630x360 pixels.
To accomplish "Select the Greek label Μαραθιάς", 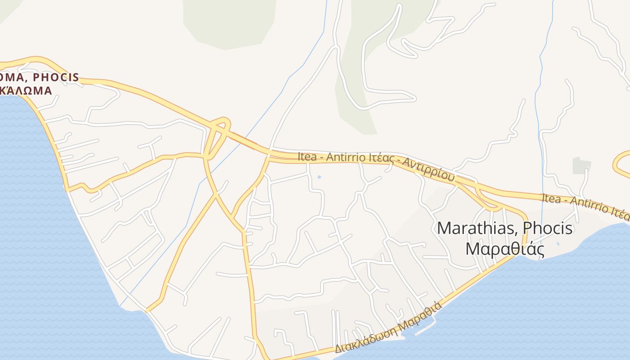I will point(505,249).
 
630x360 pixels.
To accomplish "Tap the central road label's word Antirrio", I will point(344,157).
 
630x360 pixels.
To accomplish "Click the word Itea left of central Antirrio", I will point(307,157).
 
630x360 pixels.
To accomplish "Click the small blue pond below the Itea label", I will point(319,177).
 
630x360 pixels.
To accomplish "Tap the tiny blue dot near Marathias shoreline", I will point(558,244).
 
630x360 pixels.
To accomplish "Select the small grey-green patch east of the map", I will point(581,166).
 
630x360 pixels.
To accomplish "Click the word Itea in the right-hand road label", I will point(551,198).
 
